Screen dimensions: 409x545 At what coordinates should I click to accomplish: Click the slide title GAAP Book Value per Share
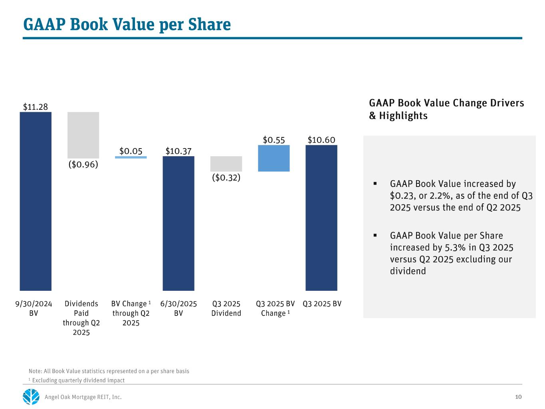[x=127, y=24]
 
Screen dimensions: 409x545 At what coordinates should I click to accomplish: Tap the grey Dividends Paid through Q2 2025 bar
[x=83, y=135]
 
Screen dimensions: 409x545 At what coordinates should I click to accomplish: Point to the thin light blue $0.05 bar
[x=131, y=157]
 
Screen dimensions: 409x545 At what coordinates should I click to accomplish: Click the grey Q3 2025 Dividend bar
[x=226, y=164]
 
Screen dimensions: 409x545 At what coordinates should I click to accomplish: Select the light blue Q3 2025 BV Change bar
[x=274, y=158]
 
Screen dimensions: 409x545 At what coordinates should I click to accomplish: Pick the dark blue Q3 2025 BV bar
[x=321, y=218]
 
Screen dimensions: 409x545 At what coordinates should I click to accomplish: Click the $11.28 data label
[x=36, y=107]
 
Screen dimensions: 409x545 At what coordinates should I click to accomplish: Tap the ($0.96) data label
[x=83, y=164]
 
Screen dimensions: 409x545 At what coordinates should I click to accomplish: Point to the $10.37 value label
[x=178, y=151]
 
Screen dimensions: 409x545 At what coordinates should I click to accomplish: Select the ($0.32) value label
[x=226, y=177]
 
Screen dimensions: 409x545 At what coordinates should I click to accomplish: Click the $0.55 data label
[x=274, y=140]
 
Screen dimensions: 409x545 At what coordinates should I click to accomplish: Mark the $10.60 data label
[x=321, y=140]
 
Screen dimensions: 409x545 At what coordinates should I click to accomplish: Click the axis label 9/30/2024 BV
[x=34, y=308]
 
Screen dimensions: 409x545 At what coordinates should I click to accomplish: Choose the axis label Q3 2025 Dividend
[x=226, y=308]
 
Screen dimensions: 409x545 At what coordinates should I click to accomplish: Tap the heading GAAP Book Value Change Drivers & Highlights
[x=446, y=109]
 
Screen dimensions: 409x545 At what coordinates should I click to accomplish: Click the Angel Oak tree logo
[x=31, y=397]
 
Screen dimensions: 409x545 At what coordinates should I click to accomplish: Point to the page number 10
[x=518, y=397]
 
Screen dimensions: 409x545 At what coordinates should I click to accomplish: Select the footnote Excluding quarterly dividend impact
[x=78, y=380]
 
